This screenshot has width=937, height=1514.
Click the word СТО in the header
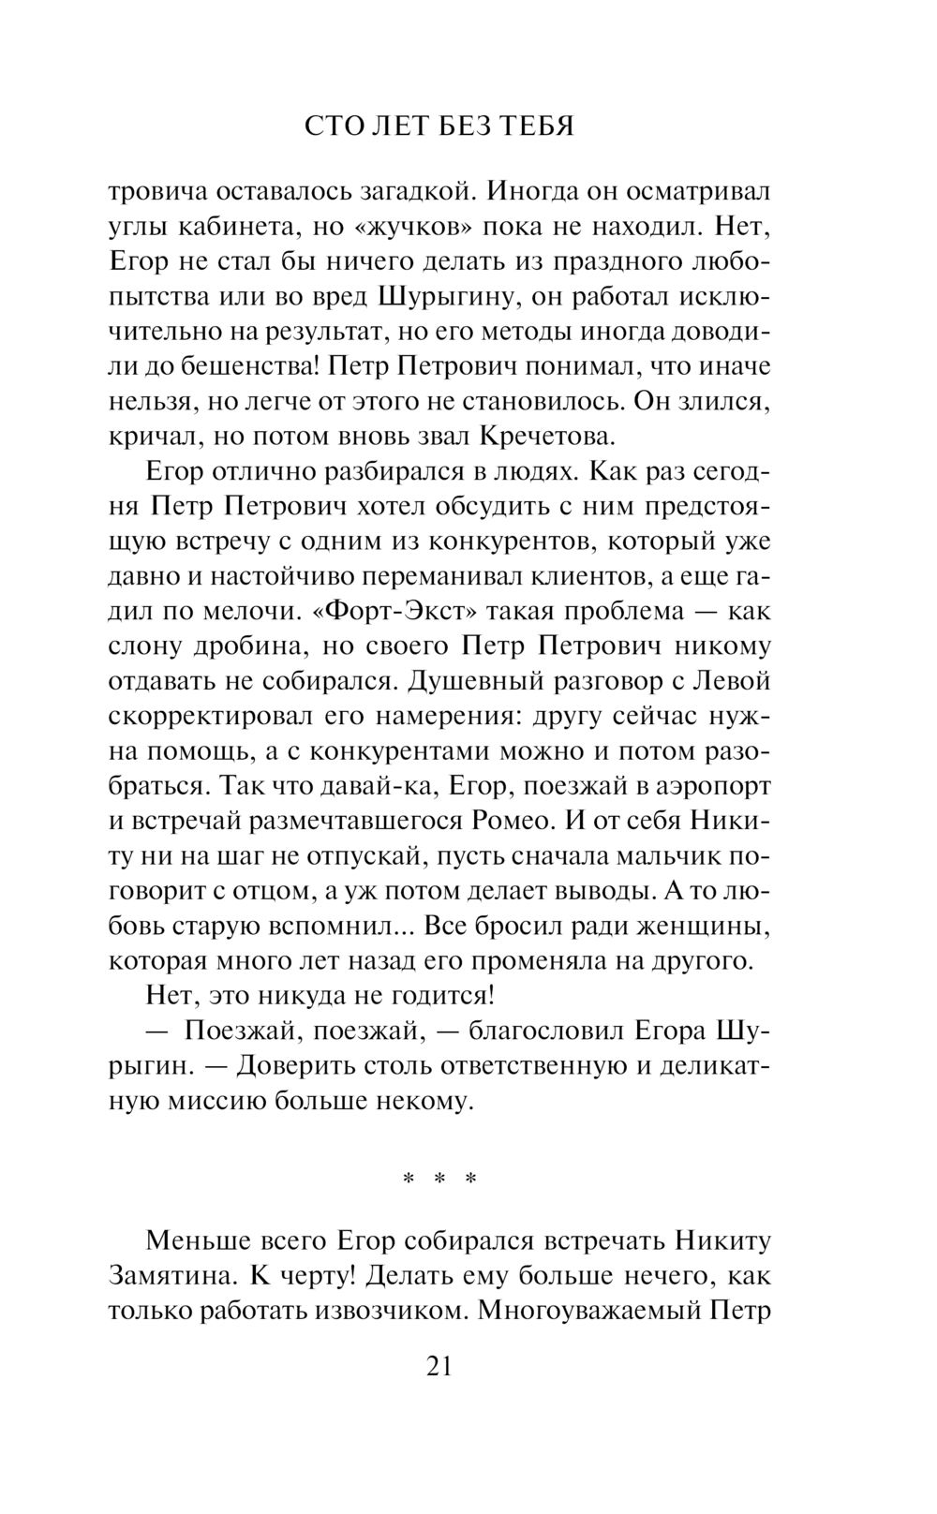click(x=336, y=126)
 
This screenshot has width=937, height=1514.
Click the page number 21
click(x=439, y=1367)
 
